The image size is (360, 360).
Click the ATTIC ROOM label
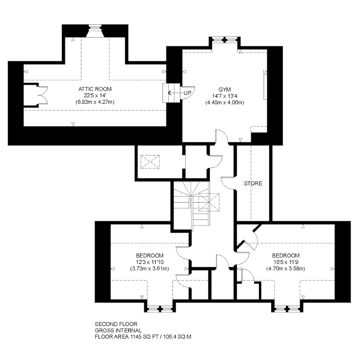click(95, 89)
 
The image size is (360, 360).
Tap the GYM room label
click(225, 89)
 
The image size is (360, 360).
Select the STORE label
click(253, 184)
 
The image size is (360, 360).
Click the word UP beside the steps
click(187, 93)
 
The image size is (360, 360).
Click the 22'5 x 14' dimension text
click(95, 95)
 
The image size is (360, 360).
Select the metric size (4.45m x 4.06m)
click(225, 103)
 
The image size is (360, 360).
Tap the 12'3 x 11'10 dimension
click(150, 262)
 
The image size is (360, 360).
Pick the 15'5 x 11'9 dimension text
click(286, 262)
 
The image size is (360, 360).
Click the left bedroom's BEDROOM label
click(150, 255)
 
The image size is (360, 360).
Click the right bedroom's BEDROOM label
click(286, 255)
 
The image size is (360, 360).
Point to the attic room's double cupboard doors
click(43, 95)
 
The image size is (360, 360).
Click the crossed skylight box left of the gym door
click(150, 162)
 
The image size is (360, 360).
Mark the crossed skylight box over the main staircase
click(209, 202)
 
